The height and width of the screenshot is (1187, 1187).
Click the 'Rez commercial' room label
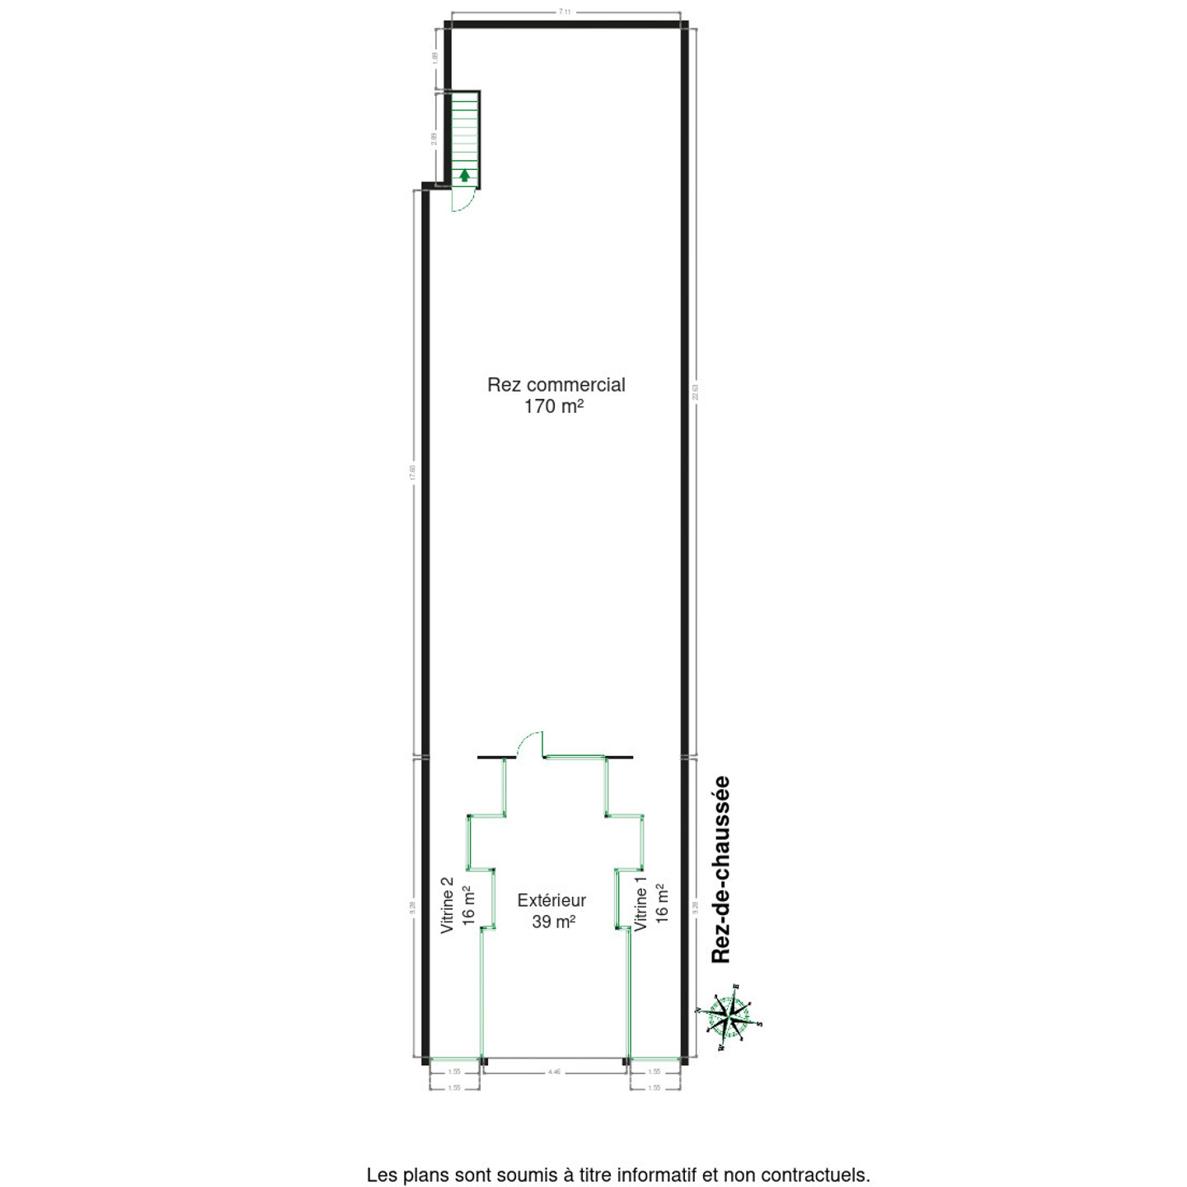pos(556,385)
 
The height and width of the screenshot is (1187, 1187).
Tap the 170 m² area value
pos(554,406)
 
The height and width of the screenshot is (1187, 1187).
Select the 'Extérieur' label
pos(551,901)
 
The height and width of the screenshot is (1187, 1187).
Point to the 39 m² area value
pos(553,922)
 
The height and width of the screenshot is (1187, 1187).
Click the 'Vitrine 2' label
pos(448,905)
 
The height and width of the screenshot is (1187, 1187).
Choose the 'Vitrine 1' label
pos(640,904)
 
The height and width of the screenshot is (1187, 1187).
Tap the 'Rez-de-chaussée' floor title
pos(721,870)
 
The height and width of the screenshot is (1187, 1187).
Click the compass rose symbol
pos(729,1016)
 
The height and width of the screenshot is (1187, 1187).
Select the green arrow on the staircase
pos(465,175)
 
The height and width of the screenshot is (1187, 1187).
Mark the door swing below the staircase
pos(462,200)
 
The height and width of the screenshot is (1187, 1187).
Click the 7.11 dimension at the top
pos(565,12)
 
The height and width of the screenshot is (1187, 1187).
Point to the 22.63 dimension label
pos(695,392)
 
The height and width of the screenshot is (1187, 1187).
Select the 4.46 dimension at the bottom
pos(554,1072)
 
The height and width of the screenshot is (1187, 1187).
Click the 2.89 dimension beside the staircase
pos(434,138)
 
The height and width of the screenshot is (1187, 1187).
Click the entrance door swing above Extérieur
pos(530,744)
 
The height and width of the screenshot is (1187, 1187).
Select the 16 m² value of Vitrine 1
pos(661,904)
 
